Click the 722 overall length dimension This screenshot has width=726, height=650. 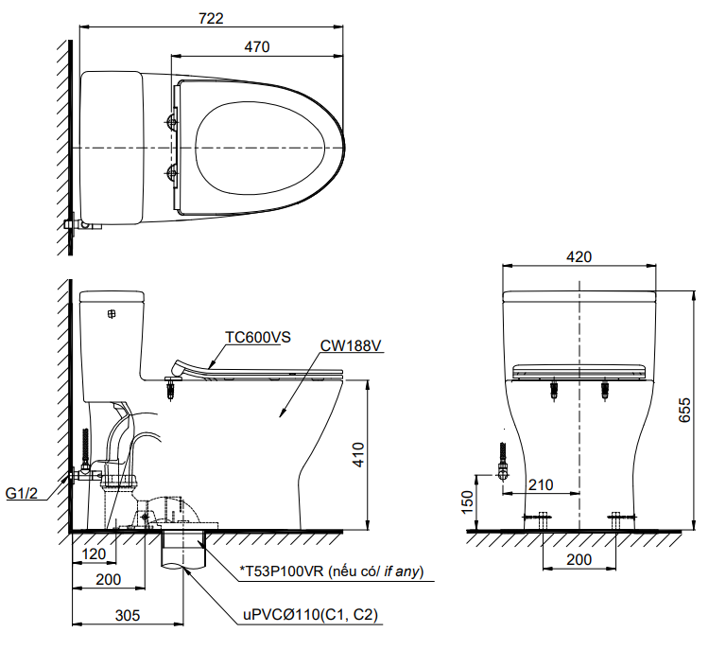(211, 18)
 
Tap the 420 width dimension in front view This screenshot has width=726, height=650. (579, 256)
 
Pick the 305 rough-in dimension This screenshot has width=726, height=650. (129, 615)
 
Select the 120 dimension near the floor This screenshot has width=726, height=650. (94, 553)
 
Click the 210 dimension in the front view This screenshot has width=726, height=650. (541, 484)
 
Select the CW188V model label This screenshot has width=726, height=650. (350, 346)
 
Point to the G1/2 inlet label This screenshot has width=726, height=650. (22, 493)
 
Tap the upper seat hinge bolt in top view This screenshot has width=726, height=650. (172, 120)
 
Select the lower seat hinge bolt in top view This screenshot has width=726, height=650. (172, 172)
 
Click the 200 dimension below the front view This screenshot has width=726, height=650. (579, 559)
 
